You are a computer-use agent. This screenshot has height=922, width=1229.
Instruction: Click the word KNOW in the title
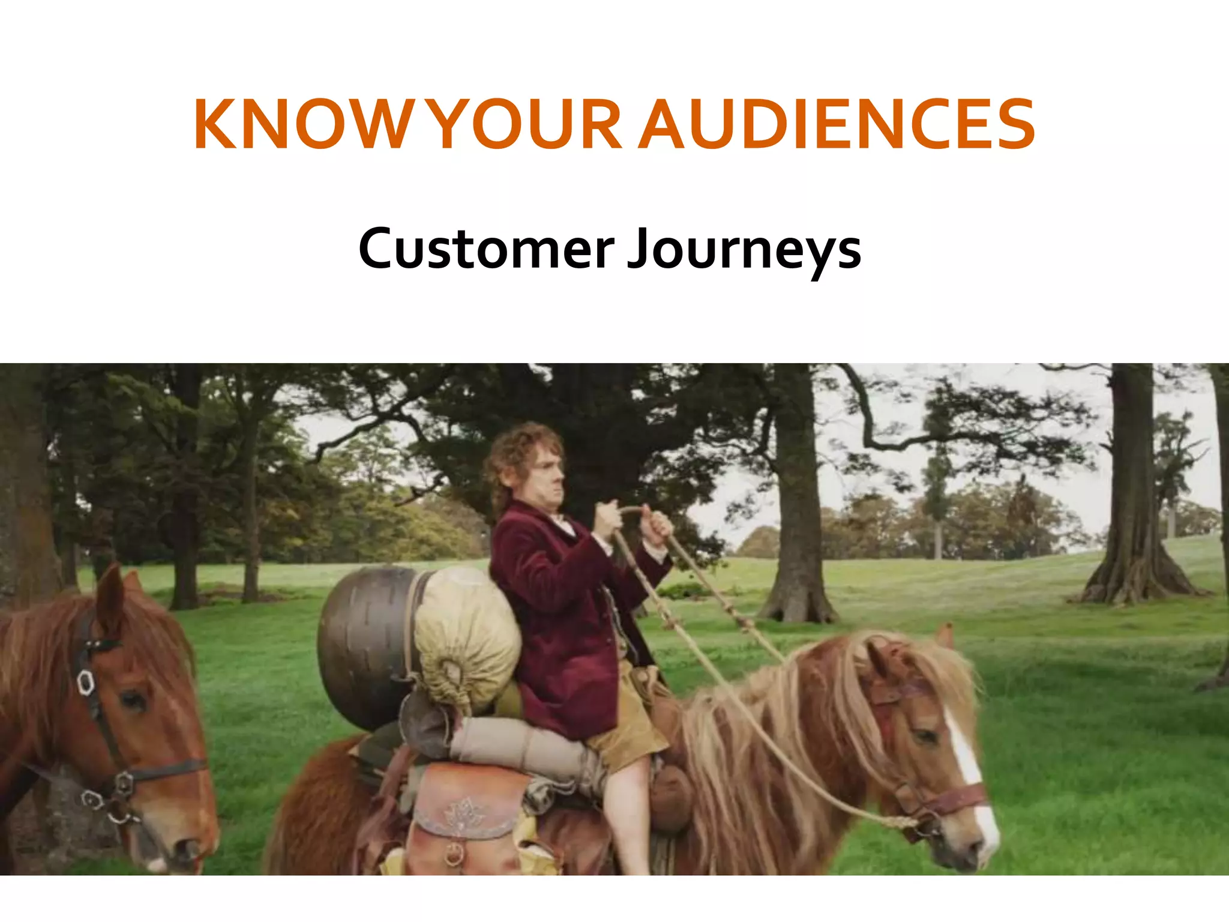[300, 124]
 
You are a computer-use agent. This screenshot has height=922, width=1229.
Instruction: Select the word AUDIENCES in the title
[837, 124]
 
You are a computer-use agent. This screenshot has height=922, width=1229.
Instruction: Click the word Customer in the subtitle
[486, 249]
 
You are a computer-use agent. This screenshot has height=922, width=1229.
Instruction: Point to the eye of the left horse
[133, 699]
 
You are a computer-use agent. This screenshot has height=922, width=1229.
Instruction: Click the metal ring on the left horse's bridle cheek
[86, 681]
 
